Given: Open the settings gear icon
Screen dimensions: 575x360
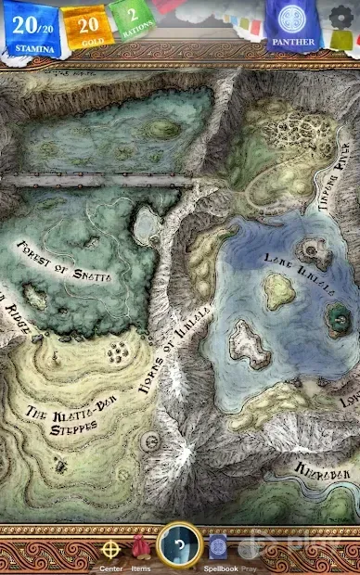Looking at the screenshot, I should point(341,19).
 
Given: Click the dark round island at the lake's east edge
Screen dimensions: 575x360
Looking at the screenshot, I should point(337,319).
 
